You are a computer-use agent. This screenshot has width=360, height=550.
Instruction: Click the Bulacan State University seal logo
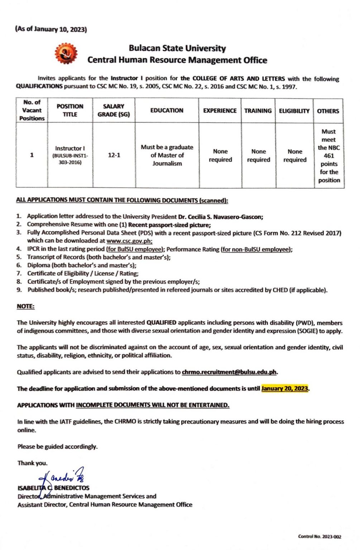66,54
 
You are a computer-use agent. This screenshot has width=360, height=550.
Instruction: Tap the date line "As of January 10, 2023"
51,29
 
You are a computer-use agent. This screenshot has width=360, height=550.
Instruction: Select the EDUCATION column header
167,111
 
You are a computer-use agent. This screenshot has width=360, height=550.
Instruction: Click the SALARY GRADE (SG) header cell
114,110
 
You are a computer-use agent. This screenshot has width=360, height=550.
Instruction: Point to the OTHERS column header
328,111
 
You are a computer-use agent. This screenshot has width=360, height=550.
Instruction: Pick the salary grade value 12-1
114,155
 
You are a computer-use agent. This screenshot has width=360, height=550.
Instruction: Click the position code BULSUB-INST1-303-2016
70,159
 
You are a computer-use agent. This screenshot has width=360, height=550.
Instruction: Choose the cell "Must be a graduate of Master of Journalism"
167,155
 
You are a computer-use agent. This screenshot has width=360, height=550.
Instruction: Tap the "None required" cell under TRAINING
258,155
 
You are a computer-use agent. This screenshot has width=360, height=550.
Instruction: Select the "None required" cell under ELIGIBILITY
295,155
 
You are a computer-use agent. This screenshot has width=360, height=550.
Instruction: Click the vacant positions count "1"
32,155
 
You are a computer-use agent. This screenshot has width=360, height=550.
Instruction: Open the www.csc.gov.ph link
129,241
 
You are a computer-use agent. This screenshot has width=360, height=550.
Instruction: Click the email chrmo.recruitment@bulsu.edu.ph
229,372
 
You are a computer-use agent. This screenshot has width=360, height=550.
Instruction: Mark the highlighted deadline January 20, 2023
285,389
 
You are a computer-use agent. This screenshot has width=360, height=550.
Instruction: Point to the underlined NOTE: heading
25,307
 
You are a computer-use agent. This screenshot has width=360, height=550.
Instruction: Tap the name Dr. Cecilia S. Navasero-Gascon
220,217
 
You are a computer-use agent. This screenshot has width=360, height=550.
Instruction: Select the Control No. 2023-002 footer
320,536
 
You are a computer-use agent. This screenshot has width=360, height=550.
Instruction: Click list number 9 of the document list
19,290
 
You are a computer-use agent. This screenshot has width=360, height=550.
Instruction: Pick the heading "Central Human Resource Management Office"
177,60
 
